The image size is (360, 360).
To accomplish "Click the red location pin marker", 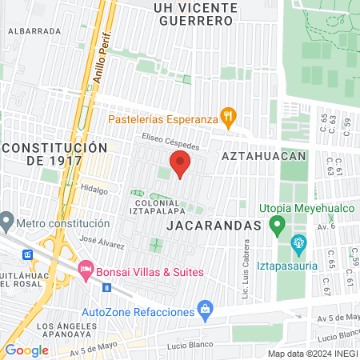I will click(x=180, y=164).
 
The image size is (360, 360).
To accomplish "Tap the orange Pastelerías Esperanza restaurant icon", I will click(x=228, y=115).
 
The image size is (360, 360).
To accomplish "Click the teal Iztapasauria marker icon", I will click(x=299, y=242).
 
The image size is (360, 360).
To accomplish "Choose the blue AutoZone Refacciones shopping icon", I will click(x=206, y=308).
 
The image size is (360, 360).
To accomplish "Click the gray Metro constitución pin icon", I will click(x=7, y=219).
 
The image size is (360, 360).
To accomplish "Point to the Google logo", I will click(x=26, y=350).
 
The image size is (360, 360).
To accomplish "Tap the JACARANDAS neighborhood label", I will click(x=214, y=226).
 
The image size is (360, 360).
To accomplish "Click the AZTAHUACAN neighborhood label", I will click(x=263, y=156).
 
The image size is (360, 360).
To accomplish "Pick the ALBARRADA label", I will click(x=34, y=30).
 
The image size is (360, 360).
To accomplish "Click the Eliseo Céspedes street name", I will click(x=170, y=137).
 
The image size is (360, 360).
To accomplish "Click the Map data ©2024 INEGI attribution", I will click(x=310, y=353).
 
